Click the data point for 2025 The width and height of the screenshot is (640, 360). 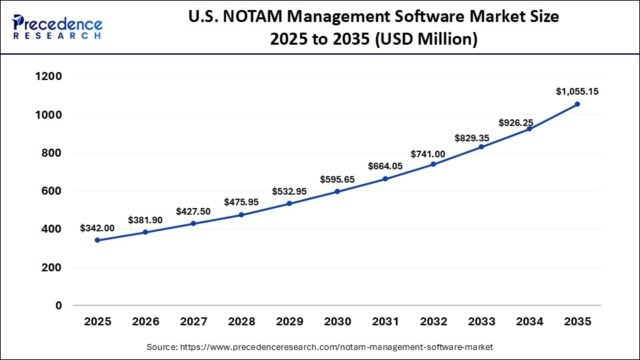click(97, 240)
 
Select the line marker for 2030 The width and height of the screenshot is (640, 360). click(337, 191)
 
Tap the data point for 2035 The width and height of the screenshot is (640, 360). click(577, 104)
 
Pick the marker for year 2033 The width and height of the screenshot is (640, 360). click(481, 147)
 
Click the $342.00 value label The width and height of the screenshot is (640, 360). click(97, 228)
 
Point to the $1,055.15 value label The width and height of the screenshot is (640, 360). click(577, 91)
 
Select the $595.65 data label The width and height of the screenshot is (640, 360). click(337, 179)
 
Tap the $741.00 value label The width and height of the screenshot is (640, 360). click(433, 152)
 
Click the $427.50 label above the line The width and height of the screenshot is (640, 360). click(193, 211)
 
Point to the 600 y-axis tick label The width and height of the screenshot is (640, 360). click(53, 191)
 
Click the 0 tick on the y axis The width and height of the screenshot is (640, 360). click(59, 306)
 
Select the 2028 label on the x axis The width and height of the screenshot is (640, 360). click(241, 322)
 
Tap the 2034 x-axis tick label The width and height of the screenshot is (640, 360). click(529, 322)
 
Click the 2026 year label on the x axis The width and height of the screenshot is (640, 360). click(145, 322)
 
